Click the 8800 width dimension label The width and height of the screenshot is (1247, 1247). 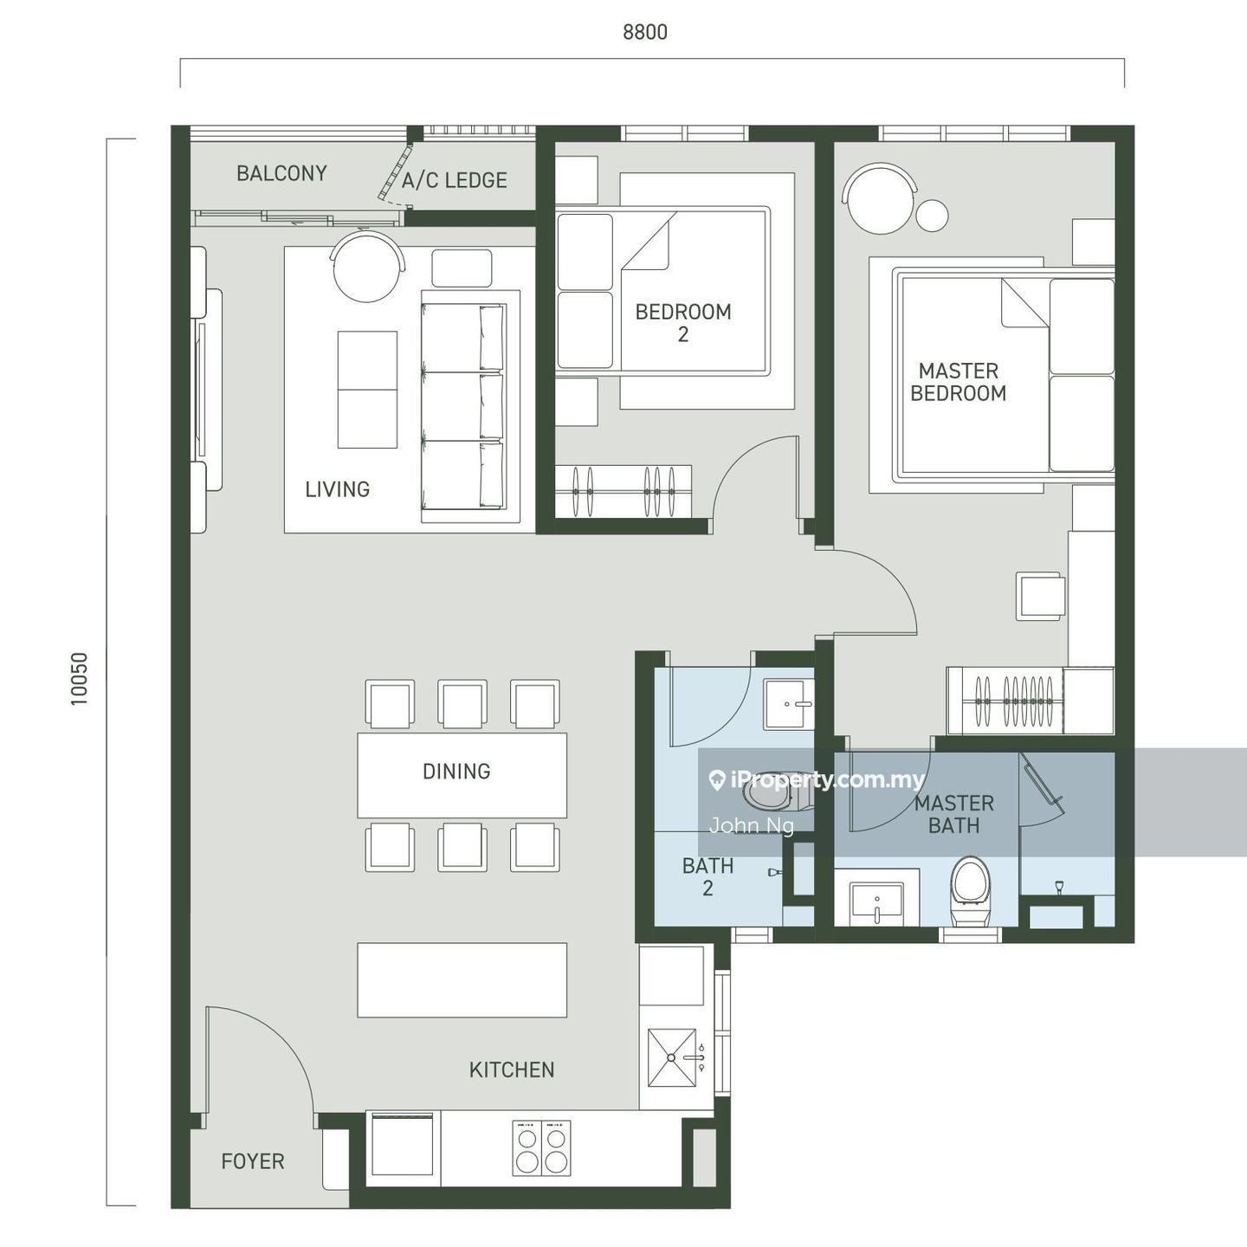coord(644,32)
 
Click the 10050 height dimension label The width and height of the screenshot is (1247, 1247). coord(79,678)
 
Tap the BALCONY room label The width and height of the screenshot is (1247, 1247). coord(281,173)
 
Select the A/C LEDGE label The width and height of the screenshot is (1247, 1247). coord(455,180)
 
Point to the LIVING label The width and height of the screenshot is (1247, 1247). coord(337,489)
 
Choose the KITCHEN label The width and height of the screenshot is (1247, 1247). coord(511,1069)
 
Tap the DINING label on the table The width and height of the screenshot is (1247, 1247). coord(456,772)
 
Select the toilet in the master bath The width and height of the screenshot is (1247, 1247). coord(972,891)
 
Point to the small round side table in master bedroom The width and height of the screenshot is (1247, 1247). coord(933,215)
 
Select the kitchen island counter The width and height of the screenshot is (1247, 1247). coord(462,979)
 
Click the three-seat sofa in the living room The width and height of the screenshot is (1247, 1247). coord(462,406)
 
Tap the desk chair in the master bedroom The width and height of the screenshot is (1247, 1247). coord(1040,596)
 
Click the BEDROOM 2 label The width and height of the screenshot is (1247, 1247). coord(683,323)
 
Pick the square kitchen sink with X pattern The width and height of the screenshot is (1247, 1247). coord(672,1058)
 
